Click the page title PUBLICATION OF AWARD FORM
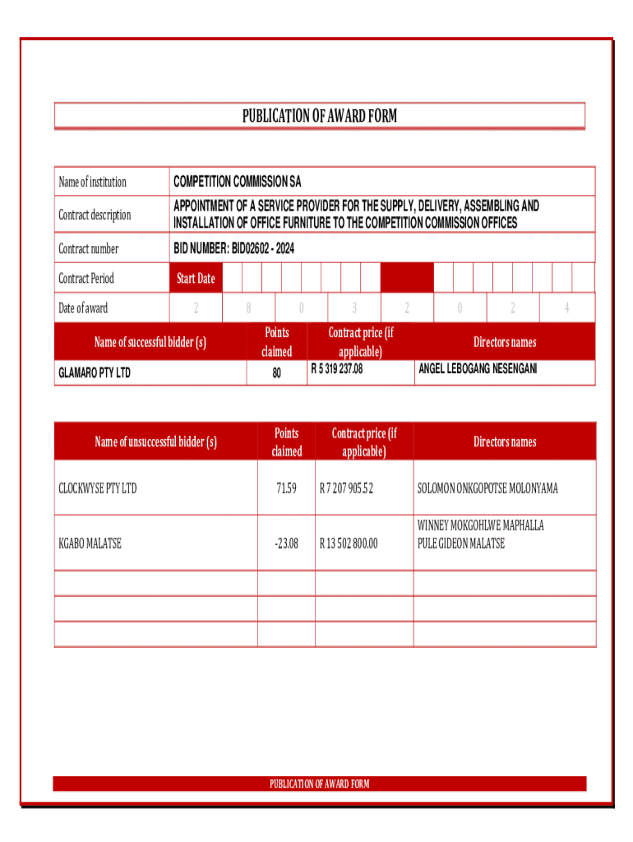(319, 116)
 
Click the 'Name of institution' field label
(92, 182)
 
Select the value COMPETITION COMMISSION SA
(237, 182)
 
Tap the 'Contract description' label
(95, 215)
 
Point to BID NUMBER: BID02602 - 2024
(233, 248)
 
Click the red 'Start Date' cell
(196, 278)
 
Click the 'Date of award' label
(83, 308)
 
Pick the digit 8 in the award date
(248, 308)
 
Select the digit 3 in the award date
(354, 308)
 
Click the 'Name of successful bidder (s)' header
(150, 342)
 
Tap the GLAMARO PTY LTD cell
(95, 373)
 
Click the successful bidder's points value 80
(276, 372)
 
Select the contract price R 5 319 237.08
(335, 370)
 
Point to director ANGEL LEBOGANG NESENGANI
(478, 369)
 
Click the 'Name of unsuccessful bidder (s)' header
(155, 442)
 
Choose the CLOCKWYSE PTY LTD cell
(98, 488)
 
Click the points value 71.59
(286, 488)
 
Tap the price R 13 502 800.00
(349, 543)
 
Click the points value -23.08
(286, 543)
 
